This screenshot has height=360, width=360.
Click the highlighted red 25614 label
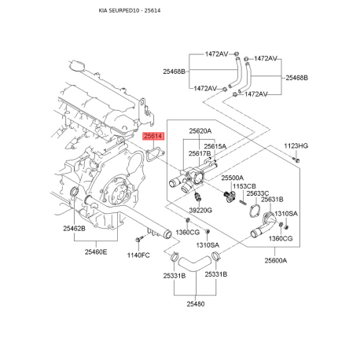click(x=153, y=136)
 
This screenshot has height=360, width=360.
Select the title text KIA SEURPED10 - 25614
click(x=130, y=10)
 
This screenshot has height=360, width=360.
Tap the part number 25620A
click(x=200, y=130)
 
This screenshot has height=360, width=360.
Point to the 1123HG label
click(x=296, y=145)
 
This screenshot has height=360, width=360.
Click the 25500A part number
click(x=233, y=178)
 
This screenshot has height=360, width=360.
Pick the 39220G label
click(x=200, y=210)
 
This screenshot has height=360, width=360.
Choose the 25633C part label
click(x=258, y=193)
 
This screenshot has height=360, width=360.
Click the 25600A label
click(x=276, y=260)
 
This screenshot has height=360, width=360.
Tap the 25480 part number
click(x=196, y=304)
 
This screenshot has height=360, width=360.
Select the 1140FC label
click(x=138, y=255)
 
